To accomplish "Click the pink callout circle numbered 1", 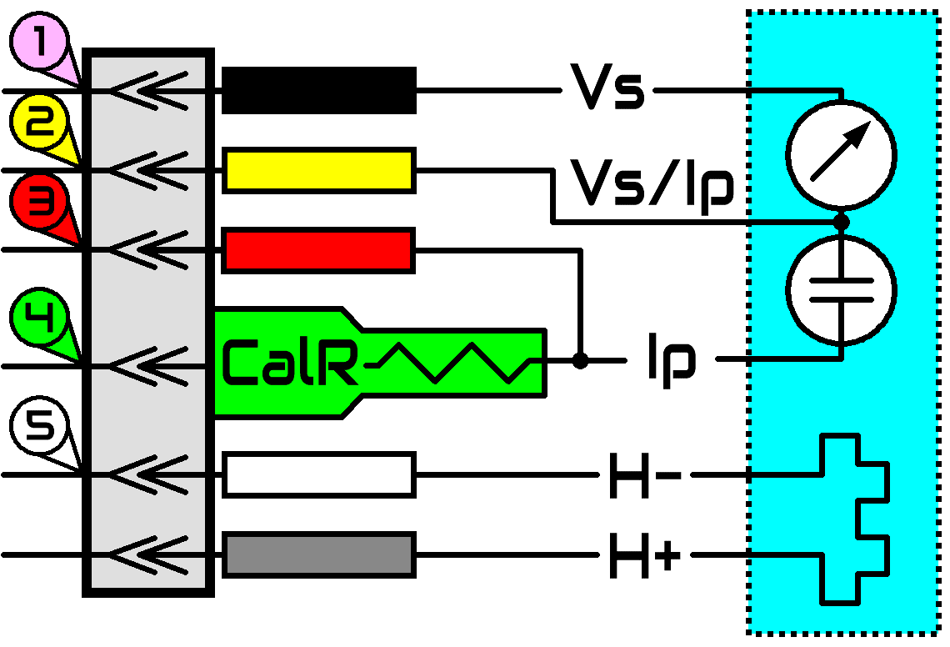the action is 39,42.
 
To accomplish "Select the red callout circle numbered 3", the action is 39,203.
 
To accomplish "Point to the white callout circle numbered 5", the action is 39,426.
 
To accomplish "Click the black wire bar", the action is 319,90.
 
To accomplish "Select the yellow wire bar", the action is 319,170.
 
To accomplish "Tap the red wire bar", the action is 318,250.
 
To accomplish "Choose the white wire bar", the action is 319,474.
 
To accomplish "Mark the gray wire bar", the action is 319,554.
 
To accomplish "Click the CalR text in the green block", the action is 290,363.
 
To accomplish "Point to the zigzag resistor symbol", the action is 454,363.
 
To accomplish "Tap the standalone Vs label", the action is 607,87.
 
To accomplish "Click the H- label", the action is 645,475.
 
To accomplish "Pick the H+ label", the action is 645,555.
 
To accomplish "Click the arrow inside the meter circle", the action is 841,151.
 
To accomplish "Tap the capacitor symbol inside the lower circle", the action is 841,290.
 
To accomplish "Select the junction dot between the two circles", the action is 841,222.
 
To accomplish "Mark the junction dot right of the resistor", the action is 581,361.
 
